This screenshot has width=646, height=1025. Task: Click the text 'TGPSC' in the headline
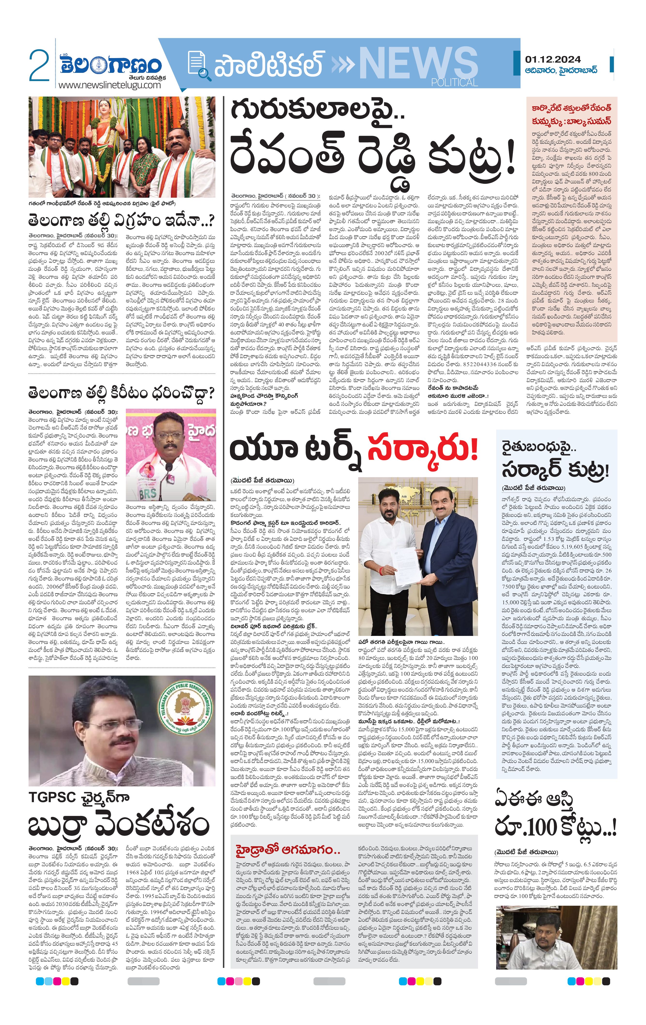51,797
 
